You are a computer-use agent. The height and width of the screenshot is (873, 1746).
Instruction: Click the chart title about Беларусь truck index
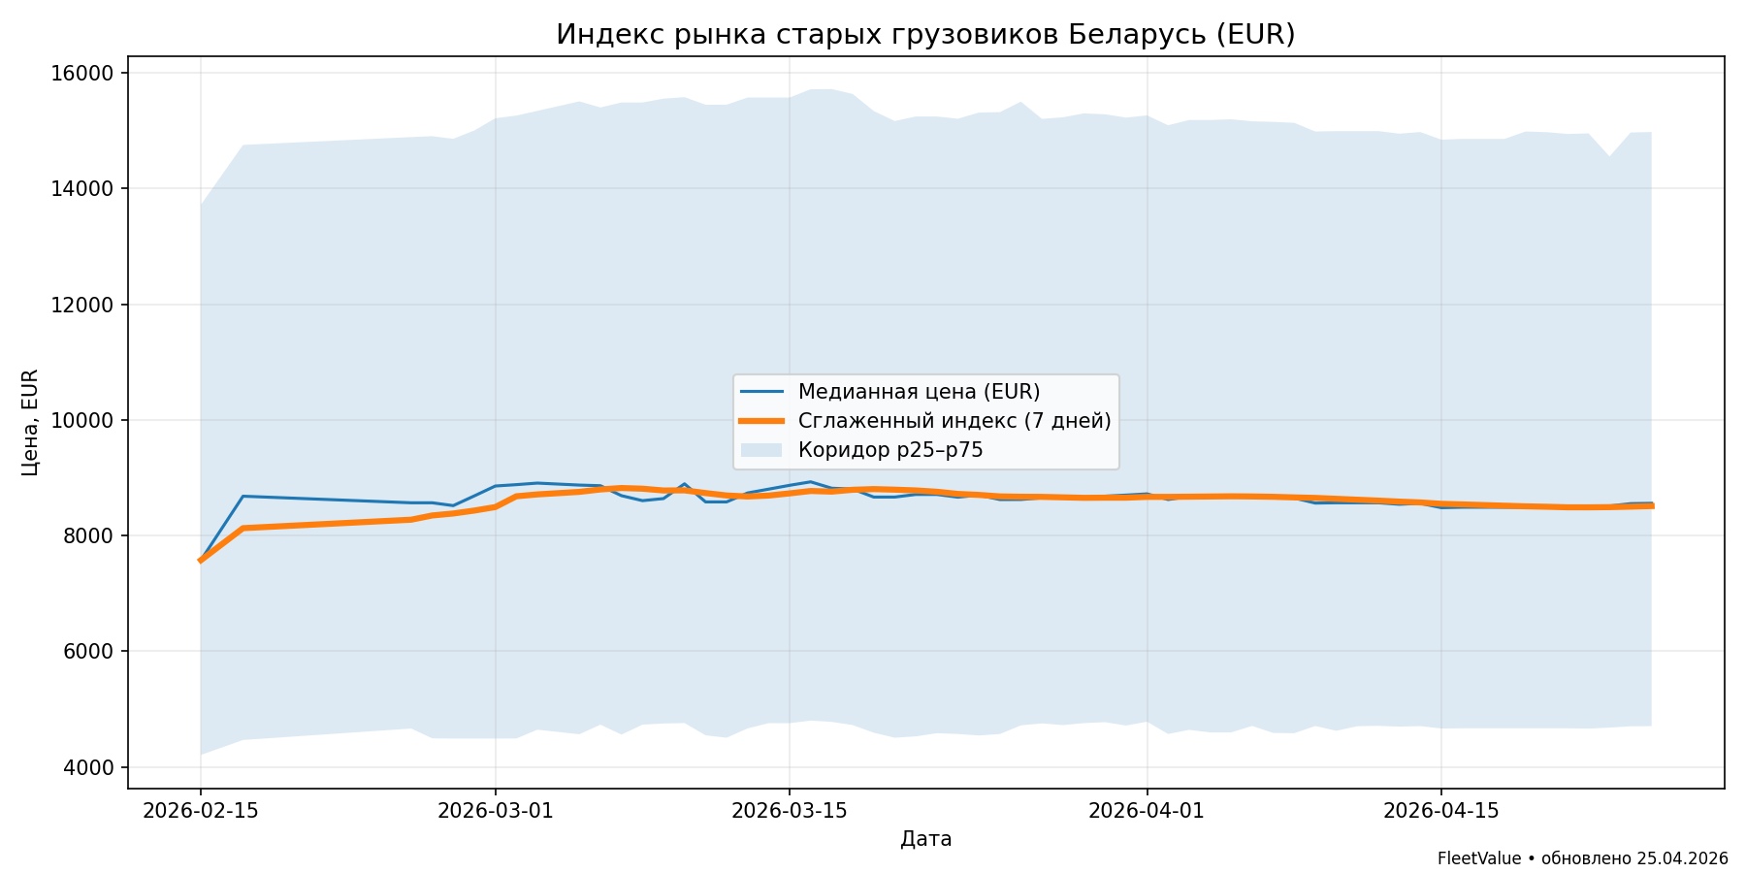click(925, 35)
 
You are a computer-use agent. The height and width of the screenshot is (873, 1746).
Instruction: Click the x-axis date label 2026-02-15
click(201, 811)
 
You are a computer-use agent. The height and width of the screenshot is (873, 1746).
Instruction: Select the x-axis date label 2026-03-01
click(496, 811)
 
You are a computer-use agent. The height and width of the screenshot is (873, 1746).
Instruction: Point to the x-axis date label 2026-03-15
click(790, 811)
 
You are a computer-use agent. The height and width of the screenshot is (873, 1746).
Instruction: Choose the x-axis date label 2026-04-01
click(1147, 811)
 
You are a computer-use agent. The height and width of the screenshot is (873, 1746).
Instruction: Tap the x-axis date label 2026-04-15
click(1441, 811)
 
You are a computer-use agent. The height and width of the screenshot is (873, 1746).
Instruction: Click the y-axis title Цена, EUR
click(30, 422)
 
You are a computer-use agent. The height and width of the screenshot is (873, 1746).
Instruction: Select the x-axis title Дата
click(925, 839)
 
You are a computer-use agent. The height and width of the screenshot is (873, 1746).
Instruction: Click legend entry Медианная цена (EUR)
click(919, 392)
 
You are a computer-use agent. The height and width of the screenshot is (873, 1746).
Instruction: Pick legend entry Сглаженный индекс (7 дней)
click(954, 421)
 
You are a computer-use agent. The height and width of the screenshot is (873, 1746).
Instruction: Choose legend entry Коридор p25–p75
click(890, 450)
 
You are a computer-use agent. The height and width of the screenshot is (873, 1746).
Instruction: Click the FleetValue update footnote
click(1582, 858)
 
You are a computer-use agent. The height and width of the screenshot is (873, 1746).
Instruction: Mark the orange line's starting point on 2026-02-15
click(201, 561)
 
